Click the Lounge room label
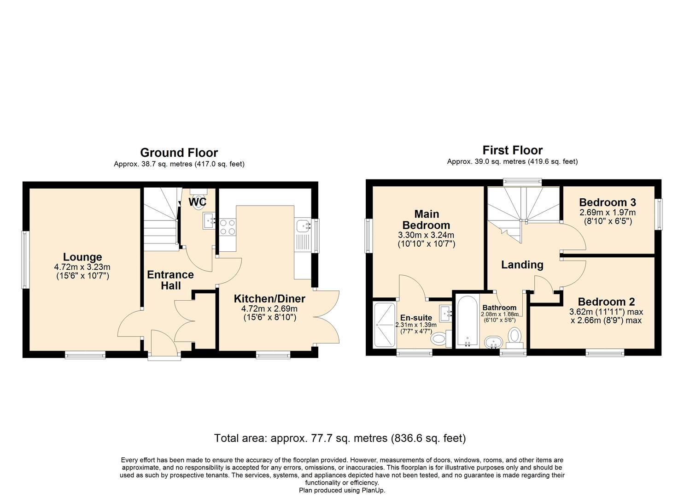(x=82, y=257)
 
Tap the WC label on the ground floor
(x=197, y=202)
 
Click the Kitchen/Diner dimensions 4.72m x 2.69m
(x=269, y=309)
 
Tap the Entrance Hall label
(x=170, y=280)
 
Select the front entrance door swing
(x=164, y=341)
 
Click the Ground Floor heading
(x=179, y=153)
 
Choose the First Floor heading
(x=512, y=150)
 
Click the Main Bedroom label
(x=426, y=219)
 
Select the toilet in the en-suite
(x=440, y=339)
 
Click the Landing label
(x=522, y=265)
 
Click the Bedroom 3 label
(x=607, y=202)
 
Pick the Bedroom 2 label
(x=606, y=302)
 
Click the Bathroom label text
(x=499, y=308)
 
